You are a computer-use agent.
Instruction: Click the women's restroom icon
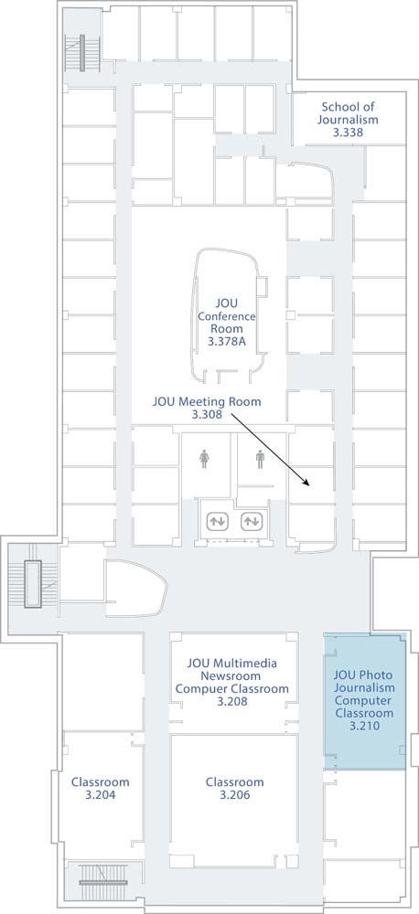(204, 459)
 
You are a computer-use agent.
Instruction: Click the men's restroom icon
(260, 459)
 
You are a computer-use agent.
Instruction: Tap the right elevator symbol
(252, 521)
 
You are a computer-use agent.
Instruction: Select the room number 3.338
(348, 133)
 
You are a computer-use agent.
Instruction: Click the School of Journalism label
(348, 113)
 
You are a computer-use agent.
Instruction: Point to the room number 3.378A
(226, 341)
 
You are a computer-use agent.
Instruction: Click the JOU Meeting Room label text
(207, 401)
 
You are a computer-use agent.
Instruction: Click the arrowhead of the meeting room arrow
(306, 482)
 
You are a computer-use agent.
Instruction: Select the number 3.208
(232, 701)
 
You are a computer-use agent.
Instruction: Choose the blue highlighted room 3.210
(365, 701)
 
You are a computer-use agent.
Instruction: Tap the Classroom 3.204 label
(100, 788)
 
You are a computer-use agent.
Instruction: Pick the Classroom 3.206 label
(234, 788)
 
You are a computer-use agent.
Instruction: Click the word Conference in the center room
(226, 316)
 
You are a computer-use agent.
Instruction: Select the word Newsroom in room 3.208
(232, 676)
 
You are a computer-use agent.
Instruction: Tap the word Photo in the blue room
(378, 675)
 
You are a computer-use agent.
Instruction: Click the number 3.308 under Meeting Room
(207, 414)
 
